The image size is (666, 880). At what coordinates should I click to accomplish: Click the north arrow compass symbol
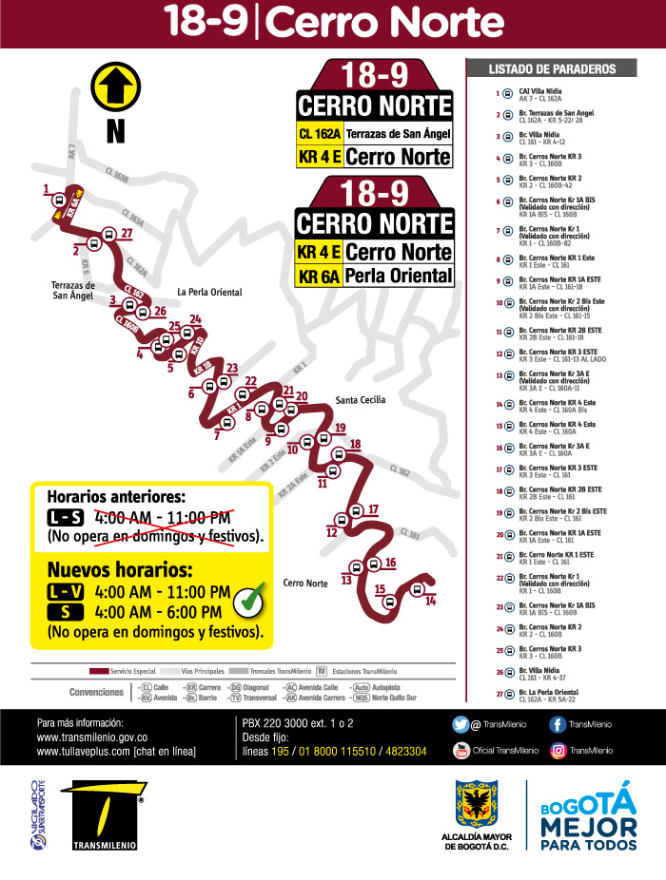click(x=114, y=86)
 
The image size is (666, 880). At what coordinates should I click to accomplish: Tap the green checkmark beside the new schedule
click(x=249, y=601)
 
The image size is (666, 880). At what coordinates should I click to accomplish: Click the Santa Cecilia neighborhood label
click(x=361, y=400)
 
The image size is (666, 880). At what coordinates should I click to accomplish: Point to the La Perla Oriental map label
click(x=209, y=292)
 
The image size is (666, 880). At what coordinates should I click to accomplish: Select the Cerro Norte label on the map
click(x=305, y=583)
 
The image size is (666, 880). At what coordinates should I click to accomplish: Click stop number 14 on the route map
click(x=430, y=602)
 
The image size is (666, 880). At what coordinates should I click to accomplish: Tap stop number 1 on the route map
click(x=47, y=190)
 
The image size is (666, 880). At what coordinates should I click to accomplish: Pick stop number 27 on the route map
click(x=127, y=233)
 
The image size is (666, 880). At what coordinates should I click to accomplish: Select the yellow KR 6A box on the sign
click(x=319, y=276)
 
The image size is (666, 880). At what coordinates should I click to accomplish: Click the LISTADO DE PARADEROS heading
click(x=552, y=69)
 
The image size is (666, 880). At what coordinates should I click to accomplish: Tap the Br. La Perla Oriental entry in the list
click(x=547, y=694)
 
